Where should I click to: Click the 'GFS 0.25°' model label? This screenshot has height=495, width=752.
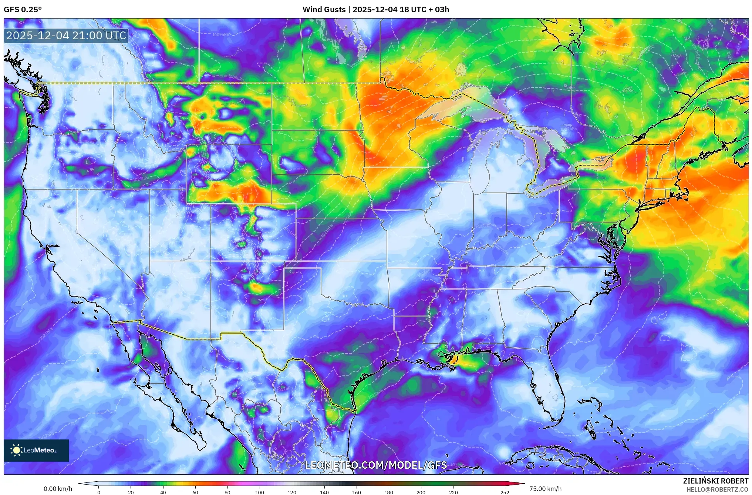click(23, 10)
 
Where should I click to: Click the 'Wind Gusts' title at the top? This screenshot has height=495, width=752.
click(324, 10)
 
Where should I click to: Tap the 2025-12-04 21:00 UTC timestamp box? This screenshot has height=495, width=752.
click(66, 36)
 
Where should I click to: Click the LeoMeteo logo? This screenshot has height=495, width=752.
click(36, 450)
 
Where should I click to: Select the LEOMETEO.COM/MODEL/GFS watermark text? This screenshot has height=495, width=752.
click(376, 465)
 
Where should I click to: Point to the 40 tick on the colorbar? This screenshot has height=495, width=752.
click(163, 492)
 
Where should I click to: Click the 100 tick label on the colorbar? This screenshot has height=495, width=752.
click(259, 492)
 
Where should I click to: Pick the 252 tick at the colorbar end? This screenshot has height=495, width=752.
click(505, 492)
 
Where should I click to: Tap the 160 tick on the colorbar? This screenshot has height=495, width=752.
click(356, 492)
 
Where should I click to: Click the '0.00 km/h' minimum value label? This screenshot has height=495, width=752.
click(58, 489)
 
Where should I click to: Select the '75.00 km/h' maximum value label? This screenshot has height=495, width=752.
click(545, 489)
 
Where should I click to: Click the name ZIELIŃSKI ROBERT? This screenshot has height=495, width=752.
click(715, 481)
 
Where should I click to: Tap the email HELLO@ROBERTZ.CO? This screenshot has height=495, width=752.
click(717, 489)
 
